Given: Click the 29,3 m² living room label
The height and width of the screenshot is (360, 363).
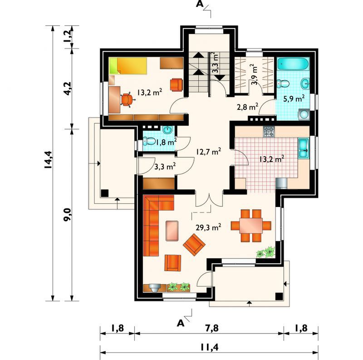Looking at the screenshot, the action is pyautogui.click(x=208, y=227).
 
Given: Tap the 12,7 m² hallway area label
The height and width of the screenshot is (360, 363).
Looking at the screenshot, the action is pyautogui.click(x=208, y=152).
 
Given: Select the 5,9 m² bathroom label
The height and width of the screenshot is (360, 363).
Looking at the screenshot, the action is pyautogui.click(x=294, y=99).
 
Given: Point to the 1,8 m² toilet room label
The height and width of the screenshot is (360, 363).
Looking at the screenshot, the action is pyautogui.click(x=166, y=142).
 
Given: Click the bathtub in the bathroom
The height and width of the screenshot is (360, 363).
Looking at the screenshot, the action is pyautogui.click(x=293, y=64).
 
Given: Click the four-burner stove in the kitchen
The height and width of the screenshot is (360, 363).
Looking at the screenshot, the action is pyautogui.click(x=269, y=132).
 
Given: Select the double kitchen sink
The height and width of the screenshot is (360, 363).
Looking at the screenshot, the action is pyautogui.click(x=304, y=148).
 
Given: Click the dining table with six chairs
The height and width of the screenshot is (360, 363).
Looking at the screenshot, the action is pyautogui.click(x=251, y=226).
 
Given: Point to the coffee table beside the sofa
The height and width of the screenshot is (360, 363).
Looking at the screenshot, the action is pyautogui.click(x=172, y=231).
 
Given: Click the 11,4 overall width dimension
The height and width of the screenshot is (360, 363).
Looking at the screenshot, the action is pyautogui.click(x=210, y=347).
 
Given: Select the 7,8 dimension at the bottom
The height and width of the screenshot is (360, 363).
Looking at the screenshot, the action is pyautogui.click(x=212, y=328).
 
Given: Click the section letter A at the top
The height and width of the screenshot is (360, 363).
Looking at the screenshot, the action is pyautogui.click(x=200, y=4).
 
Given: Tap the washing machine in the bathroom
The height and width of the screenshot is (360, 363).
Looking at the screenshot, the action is pyautogui.click(x=304, y=114).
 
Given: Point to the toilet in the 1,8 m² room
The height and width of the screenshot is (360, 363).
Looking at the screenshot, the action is pyautogui.click(x=149, y=141).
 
